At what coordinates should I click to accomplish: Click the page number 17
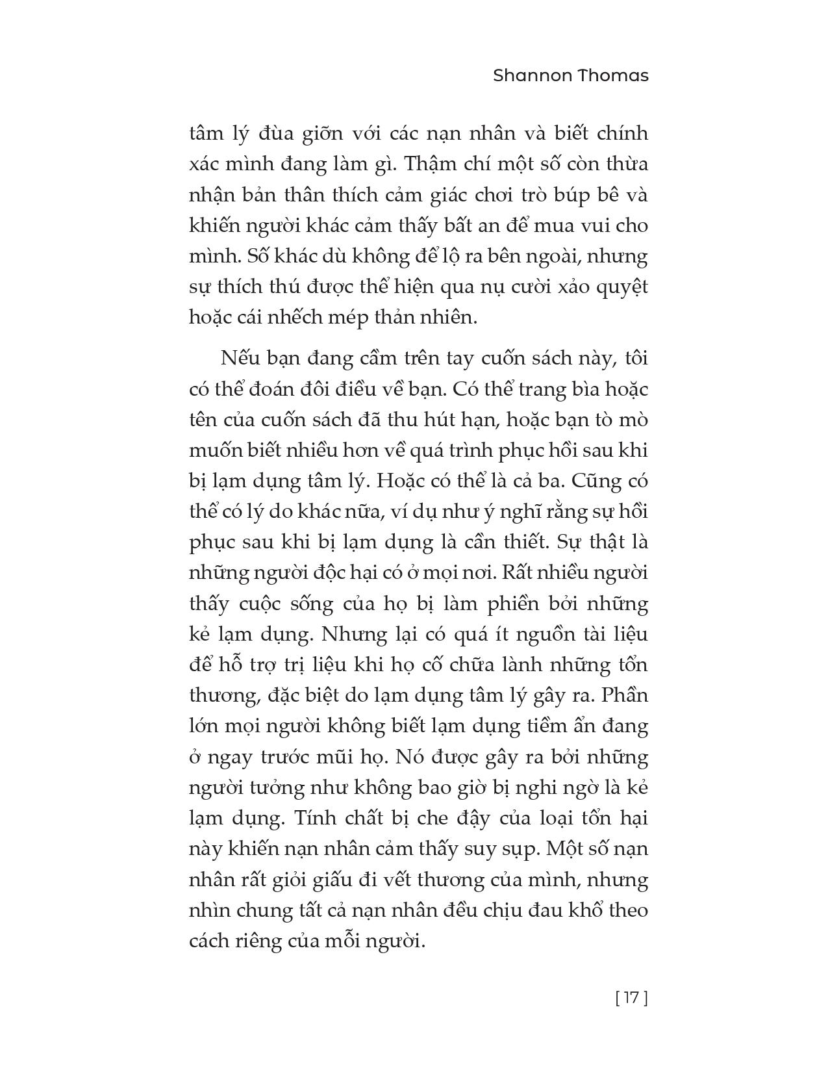[631, 997]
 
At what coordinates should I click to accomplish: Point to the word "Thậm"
[431, 164]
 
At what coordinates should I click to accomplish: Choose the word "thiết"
[536, 542]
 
